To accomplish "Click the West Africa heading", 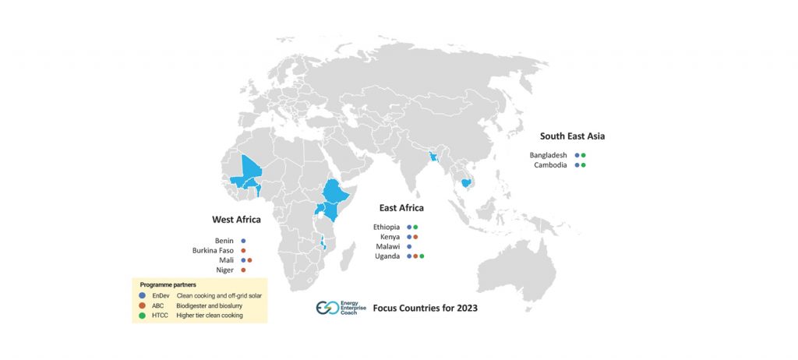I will (x=236, y=220).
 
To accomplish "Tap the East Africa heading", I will (x=401, y=208).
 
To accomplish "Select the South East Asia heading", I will (x=572, y=136).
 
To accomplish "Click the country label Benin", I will (x=224, y=241).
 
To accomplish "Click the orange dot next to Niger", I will (x=244, y=270).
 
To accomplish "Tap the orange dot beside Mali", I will (x=250, y=260).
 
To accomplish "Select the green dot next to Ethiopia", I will (x=416, y=227).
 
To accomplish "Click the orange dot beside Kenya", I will (x=416, y=237).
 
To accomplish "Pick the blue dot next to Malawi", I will (x=409, y=246).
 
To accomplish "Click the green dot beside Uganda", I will (x=422, y=256).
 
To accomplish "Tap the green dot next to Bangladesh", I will (x=583, y=155).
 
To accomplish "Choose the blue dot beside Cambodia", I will (x=577, y=165).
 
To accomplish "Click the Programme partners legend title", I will (x=167, y=285).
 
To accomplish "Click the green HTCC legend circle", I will (x=142, y=316).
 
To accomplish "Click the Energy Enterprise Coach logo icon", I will (x=327, y=308).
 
